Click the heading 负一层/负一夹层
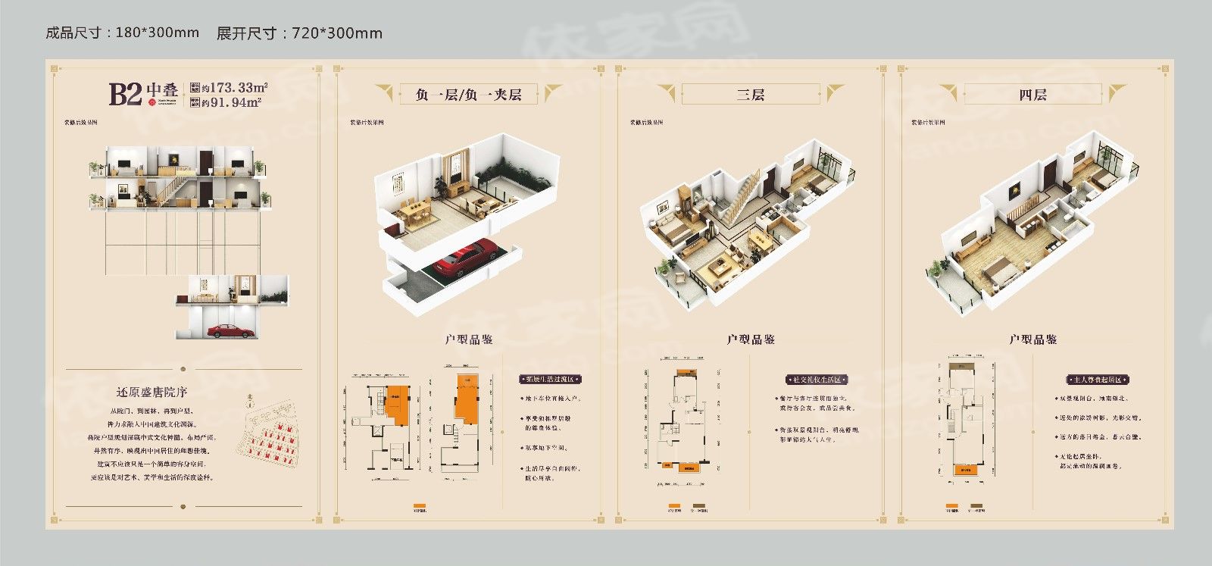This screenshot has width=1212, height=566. pyautogui.click(x=468, y=95)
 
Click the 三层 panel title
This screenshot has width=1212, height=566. pyautogui.click(x=750, y=95)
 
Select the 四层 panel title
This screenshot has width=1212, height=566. pyautogui.click(x=1032, y=95)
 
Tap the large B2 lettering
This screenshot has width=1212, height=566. pyautogui.click(x=125, y=94)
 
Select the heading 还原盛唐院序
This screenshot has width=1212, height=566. pyautogui.click(x=151, y=392)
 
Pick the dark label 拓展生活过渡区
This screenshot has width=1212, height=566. pyautogui.click(x=550, y=379)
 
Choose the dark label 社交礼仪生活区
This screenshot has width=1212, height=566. pyautogui.click(x=816, y=379)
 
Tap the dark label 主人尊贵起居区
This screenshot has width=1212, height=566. pyautogui.click(x=1098, y=379)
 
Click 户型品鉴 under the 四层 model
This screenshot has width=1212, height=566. pyautogui.click(x=1032, y=339)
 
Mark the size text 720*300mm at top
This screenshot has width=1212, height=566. pyautogui.click(x=336, y=33)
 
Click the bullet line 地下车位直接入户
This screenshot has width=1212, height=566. pyautogui.click(x=551, y=399)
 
